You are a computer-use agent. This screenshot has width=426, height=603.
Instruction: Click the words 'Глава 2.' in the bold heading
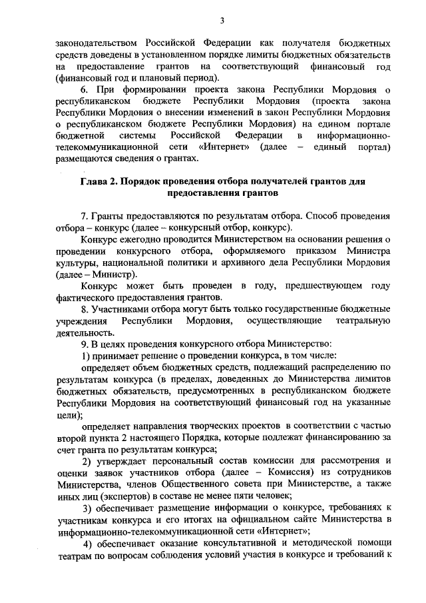[102, 182]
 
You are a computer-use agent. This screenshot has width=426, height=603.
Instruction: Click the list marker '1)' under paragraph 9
[86, 356]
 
